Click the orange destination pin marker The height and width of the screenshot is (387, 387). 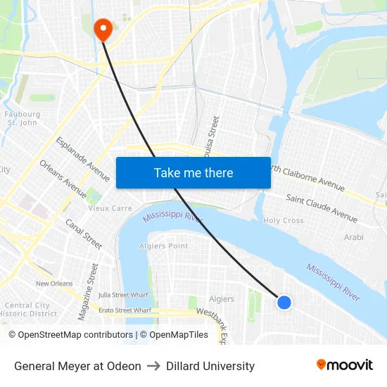[x=103, y=29]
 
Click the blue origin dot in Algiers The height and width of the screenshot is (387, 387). [x=284, y=302]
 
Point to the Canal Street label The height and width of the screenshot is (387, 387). [x=84, y=234]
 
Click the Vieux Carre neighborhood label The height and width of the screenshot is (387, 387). [x=110, y=208]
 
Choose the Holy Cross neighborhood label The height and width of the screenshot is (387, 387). [x=284, y=220]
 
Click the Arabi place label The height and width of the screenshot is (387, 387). [x=354, y=237]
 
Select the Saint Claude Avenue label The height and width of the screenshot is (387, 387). [x=322, y=208]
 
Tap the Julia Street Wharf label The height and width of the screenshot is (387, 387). [x=125, y=295]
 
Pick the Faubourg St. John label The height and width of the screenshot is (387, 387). [x=23, y=118]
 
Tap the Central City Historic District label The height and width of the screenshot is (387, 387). [x=28, y=310]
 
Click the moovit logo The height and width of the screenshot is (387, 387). [x=344, y=365]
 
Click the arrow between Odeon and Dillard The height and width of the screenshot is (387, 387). [x=153, y=366]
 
